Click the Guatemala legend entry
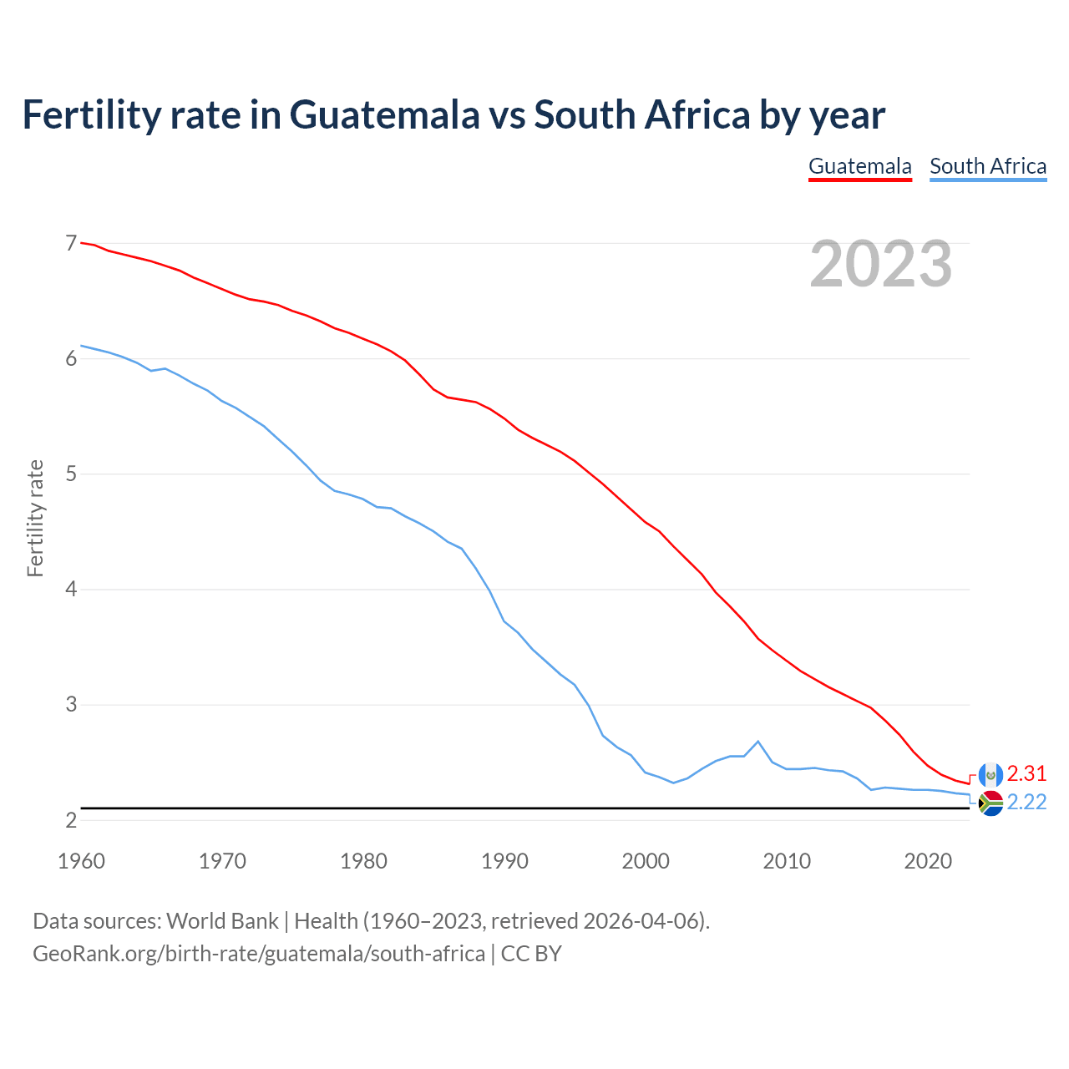[859, 166]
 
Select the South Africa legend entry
[988, 166]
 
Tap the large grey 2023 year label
[881, 264]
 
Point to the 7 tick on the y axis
[71, 243]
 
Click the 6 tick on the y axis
[71, 359]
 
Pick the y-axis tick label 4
[71, 590]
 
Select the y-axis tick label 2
[71, 820]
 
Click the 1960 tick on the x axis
[81, 861]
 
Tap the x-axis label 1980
[363, 861]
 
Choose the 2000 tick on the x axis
[646, 861]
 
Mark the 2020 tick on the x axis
[928, 861]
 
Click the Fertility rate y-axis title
[35, 518]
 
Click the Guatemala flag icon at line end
[990, 774]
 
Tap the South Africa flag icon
[990, 803]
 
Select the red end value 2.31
[1026, 773]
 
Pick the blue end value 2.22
[1026, 803]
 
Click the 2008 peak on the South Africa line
[757, 742]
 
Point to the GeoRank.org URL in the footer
[259, 953]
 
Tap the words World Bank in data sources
[222, 921]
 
